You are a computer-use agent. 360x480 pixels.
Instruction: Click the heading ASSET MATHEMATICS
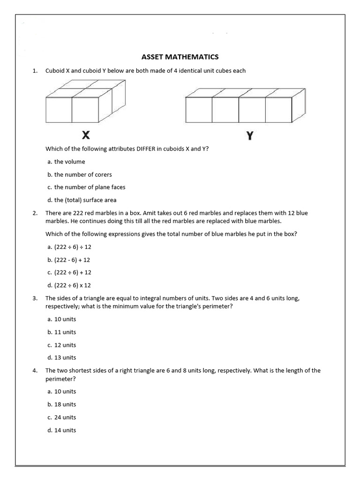point(180,57)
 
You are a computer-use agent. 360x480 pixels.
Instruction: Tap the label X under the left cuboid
point(86,135)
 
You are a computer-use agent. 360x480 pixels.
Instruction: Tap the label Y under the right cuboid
point(250,136)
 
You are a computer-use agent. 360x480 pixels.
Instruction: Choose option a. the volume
point(66,162)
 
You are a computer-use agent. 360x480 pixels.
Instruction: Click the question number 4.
point(35,370)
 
